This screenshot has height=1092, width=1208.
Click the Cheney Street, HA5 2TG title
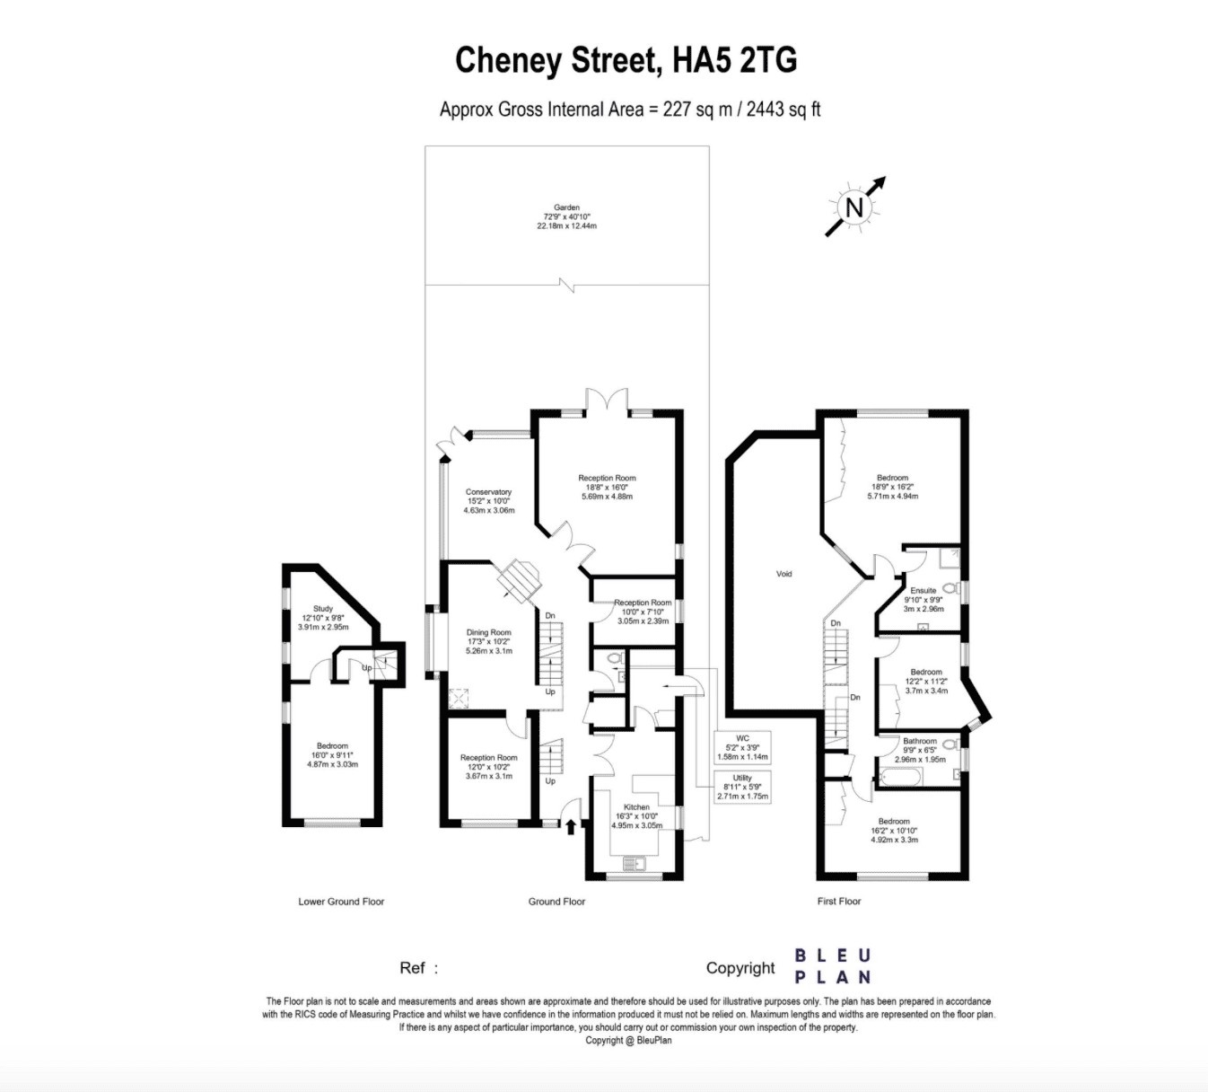pos(626,60)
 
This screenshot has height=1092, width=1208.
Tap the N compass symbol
pos(854,207)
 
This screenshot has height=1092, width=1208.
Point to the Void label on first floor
pos(783,574)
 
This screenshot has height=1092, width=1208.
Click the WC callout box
pos(742,747)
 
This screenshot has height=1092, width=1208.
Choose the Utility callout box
pos(742,787)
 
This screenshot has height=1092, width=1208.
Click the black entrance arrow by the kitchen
pos(571,825)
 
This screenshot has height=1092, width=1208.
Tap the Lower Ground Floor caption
pos(341,902)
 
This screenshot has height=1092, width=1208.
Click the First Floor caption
pos(838,902)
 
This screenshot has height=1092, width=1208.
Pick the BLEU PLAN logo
pos(832,966)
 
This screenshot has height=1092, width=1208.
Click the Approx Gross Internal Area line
pos(630,110)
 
